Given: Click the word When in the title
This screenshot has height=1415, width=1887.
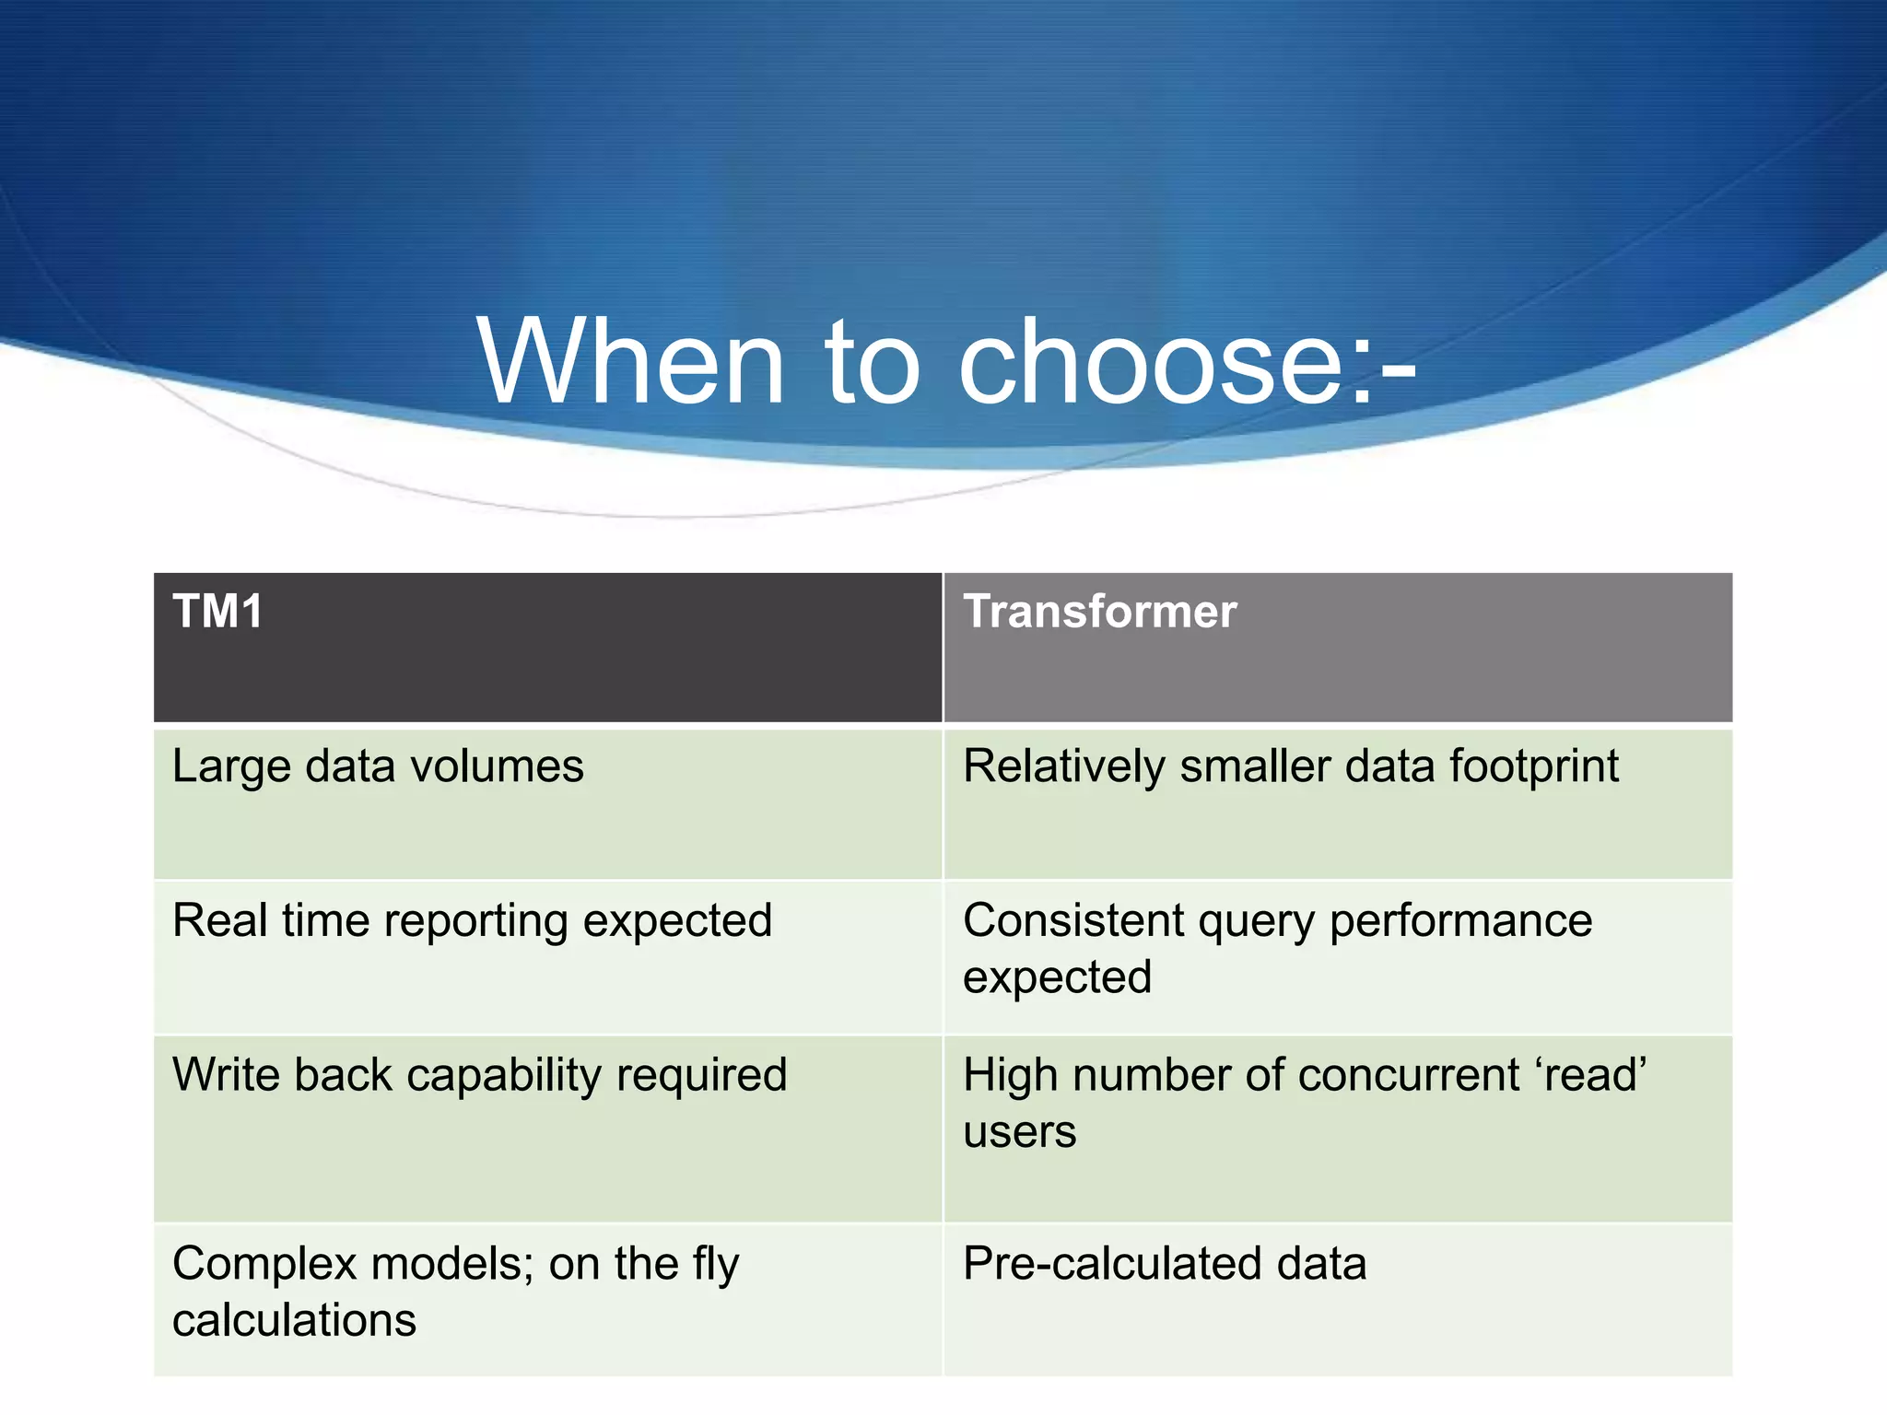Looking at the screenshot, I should [x=630, y=361].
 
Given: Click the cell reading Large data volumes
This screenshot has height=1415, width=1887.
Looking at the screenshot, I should [x=378, y=766].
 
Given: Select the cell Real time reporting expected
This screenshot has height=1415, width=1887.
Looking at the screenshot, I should [x=472, y=920].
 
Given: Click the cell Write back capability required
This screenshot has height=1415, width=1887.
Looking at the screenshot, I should [x=479, y=1075].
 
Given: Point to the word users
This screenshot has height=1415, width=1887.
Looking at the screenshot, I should [x=1019, y=1132].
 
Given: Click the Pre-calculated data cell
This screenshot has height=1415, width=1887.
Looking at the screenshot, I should [x=1164, y=1264].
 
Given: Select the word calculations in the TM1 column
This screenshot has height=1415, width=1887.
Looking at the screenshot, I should [x=294, y=1320].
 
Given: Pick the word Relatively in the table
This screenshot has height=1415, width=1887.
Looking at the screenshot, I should [x=1063, y=766].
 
